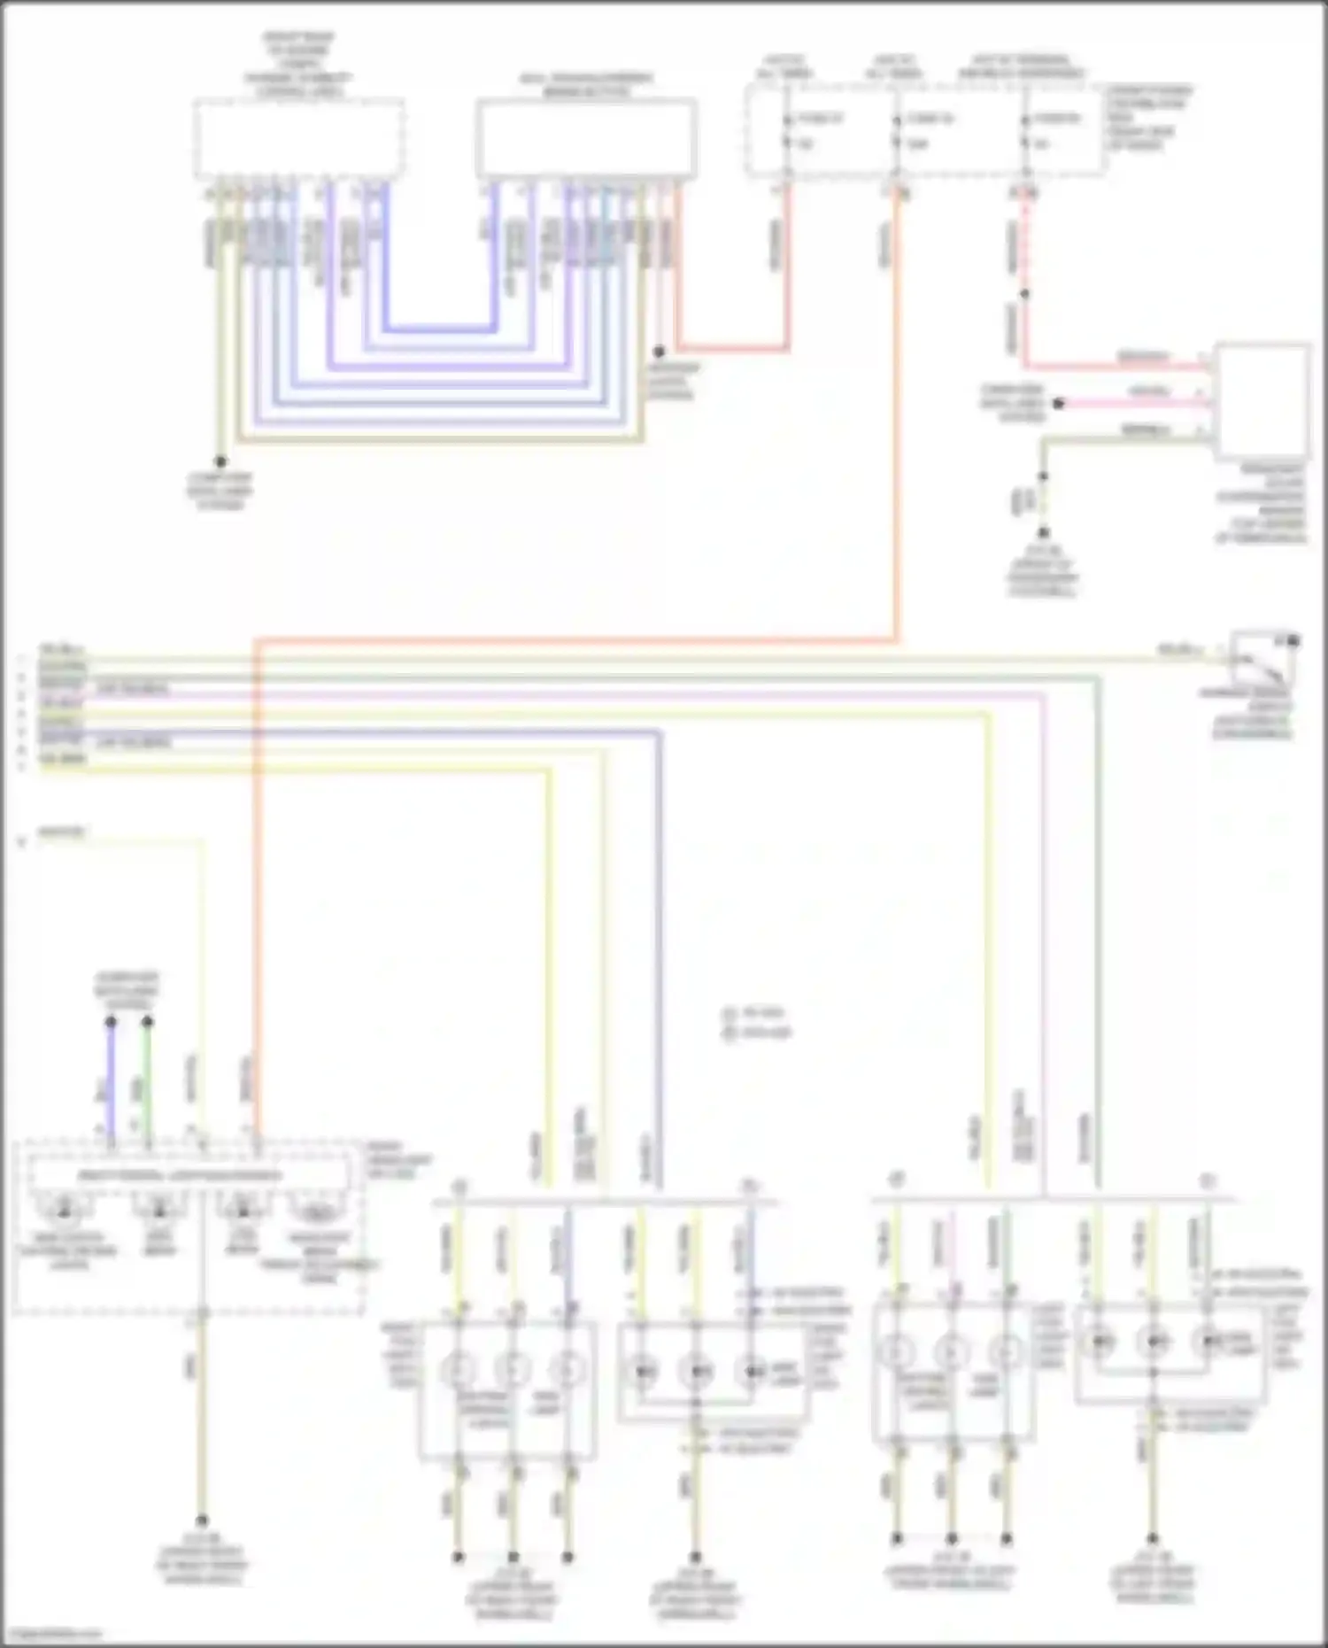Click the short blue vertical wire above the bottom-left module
(x=111, y=1076)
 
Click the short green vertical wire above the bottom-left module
(x=147, y=1076)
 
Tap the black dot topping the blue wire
(x=111, y=1022)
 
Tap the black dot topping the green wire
(x=147, y=1022)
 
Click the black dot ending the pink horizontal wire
(x=1058, y=404)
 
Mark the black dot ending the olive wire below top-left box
(x=220, y=461)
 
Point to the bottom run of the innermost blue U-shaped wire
(x=439, y=329)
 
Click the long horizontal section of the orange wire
(x=575, y=638)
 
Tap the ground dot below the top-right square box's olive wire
(x=1043, y=533)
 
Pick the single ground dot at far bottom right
(x=1152, y=1539)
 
